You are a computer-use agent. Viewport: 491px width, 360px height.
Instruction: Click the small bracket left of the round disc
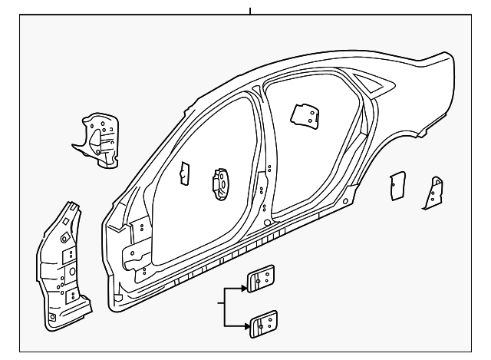pos(184,174)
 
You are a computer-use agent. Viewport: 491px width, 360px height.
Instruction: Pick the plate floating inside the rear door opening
pos(305,114)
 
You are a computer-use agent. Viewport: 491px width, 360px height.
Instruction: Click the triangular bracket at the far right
pos(435,192)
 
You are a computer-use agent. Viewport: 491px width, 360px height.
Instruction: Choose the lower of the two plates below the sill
pos(263,323)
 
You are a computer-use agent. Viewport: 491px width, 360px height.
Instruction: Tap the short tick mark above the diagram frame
pos(250,10)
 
